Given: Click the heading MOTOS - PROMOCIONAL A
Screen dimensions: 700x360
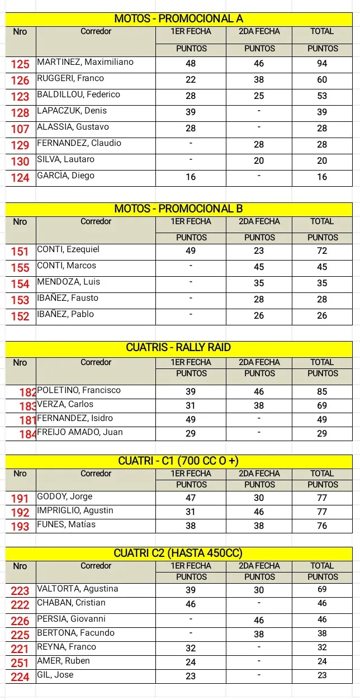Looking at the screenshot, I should [179, 19].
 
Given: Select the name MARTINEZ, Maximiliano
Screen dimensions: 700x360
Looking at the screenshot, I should [85, 62].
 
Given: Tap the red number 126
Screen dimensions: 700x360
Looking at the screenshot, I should [20, 81].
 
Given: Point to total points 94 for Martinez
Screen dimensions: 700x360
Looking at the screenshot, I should [322, 64].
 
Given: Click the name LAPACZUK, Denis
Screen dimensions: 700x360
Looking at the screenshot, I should [72, 111].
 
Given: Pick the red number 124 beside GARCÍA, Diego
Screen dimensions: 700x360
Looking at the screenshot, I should [20, 178].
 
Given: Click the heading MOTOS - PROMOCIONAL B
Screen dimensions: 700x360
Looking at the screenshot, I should [179, 209].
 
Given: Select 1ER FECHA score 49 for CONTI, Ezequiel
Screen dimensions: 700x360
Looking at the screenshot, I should [191, 250].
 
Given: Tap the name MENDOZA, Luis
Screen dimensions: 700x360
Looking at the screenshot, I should [68, 282].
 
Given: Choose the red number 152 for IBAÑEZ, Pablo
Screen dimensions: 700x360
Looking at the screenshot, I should [20, 316].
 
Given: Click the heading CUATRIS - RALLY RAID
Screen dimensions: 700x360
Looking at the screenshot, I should [179, 347].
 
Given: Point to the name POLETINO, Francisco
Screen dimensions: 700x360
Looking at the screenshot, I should [78, 390].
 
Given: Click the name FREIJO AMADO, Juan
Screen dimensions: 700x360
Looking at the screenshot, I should [79, 432].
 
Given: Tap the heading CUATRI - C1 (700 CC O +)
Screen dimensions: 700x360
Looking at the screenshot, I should [179, 461].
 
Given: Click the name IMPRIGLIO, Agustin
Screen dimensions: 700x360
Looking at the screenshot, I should [75, 510].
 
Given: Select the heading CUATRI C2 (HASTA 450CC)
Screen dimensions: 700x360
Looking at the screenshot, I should [179, 554].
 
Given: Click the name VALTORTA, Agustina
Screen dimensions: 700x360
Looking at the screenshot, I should [77, 589].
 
